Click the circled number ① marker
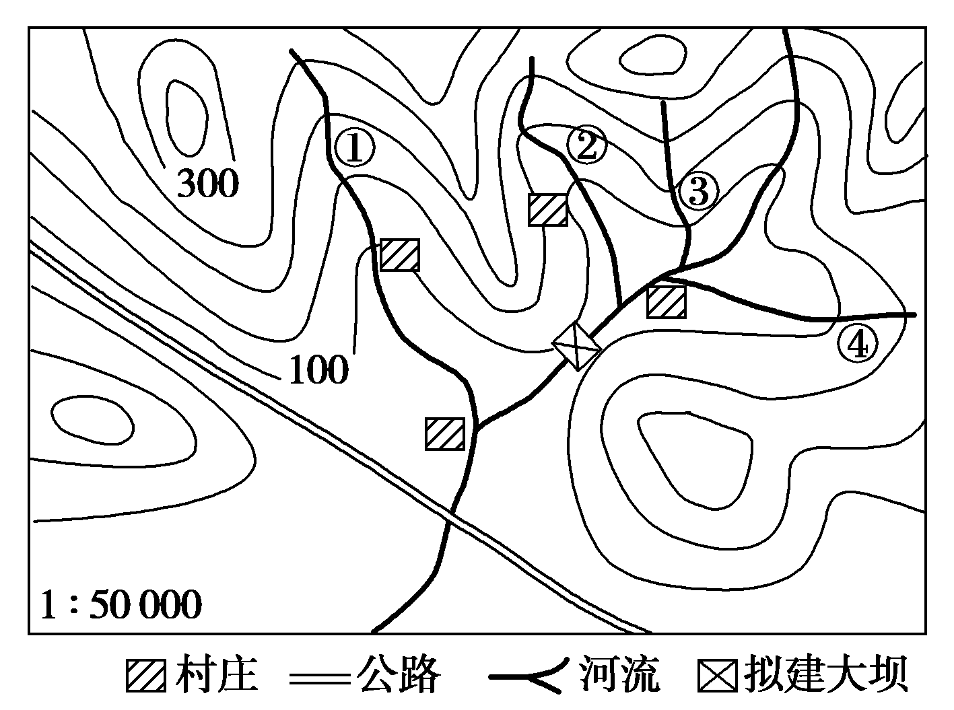click(x=354, y=148)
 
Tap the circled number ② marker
click(x=586, y=145)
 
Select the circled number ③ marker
click(x=699, y=191)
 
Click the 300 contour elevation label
click(x=208, y=183)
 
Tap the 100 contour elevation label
click(x=318, y=369)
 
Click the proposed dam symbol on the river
click(x=576, y=347)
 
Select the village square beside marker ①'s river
click(x=400, y=255)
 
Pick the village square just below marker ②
click(x=548, y=210)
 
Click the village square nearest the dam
click(x=667, y=302)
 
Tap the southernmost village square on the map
click(x=445, y=434)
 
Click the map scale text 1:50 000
click(x=121, y=605)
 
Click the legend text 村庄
click(x=216, y=674)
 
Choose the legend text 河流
click(x=619, y=674)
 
